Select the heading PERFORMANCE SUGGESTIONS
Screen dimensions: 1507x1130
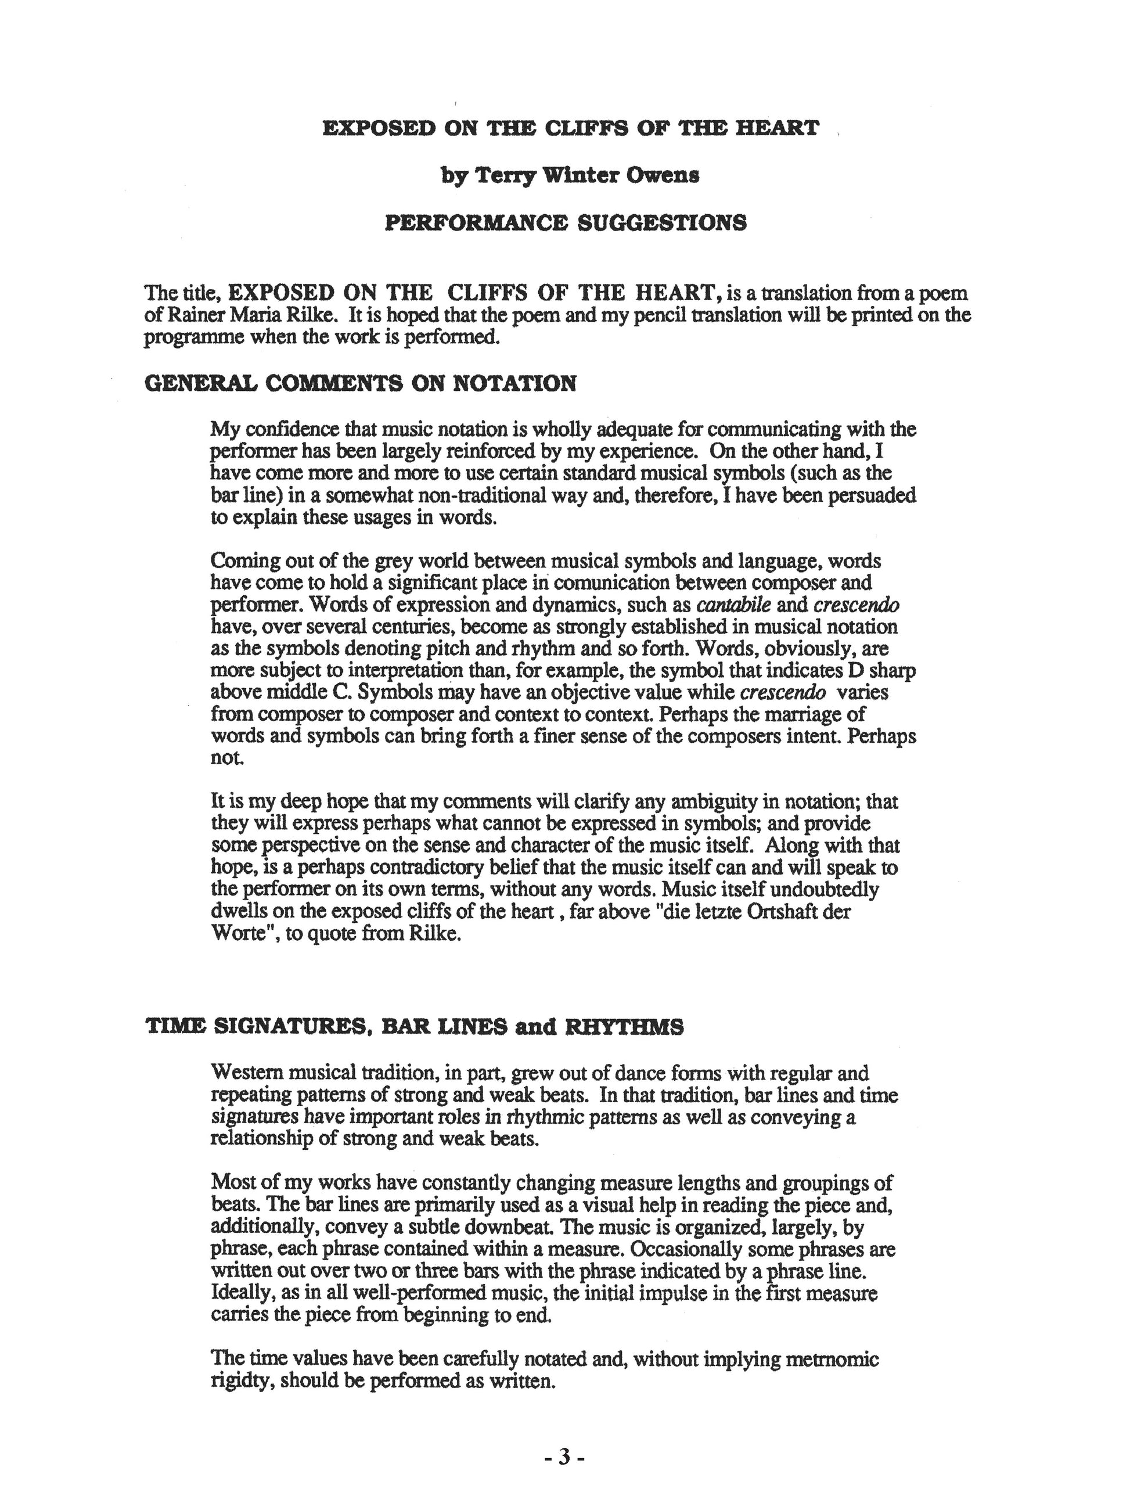point(566,223)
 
